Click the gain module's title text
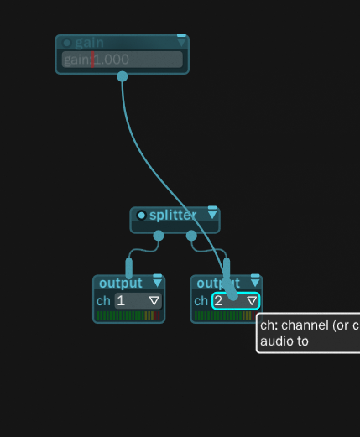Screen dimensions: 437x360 tap(88, 43)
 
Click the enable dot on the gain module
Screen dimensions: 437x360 tap(67, 43)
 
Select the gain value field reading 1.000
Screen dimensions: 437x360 tap(123, 60)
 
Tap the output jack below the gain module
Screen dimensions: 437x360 tap(123, 76)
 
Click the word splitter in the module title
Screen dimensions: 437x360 tap(173, 216)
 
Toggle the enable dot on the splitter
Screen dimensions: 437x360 tap(141, 216)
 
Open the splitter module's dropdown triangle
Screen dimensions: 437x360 tap(212, 215)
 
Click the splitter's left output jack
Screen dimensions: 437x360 tap(159, 236)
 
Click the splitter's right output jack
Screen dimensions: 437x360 tap(191, 236)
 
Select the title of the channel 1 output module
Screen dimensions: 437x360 tap(121, 283)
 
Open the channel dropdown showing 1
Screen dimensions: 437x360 tap(137, 300)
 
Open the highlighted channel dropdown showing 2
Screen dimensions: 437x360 tap(235, 300)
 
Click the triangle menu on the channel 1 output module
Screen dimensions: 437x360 tap(157, 283)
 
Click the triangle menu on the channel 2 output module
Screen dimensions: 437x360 tap(254, 283)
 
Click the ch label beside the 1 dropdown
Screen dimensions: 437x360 tap(103, 300)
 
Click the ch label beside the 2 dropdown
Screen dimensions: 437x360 tap(201, 300)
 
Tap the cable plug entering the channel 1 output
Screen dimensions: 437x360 tap(129, 268)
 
